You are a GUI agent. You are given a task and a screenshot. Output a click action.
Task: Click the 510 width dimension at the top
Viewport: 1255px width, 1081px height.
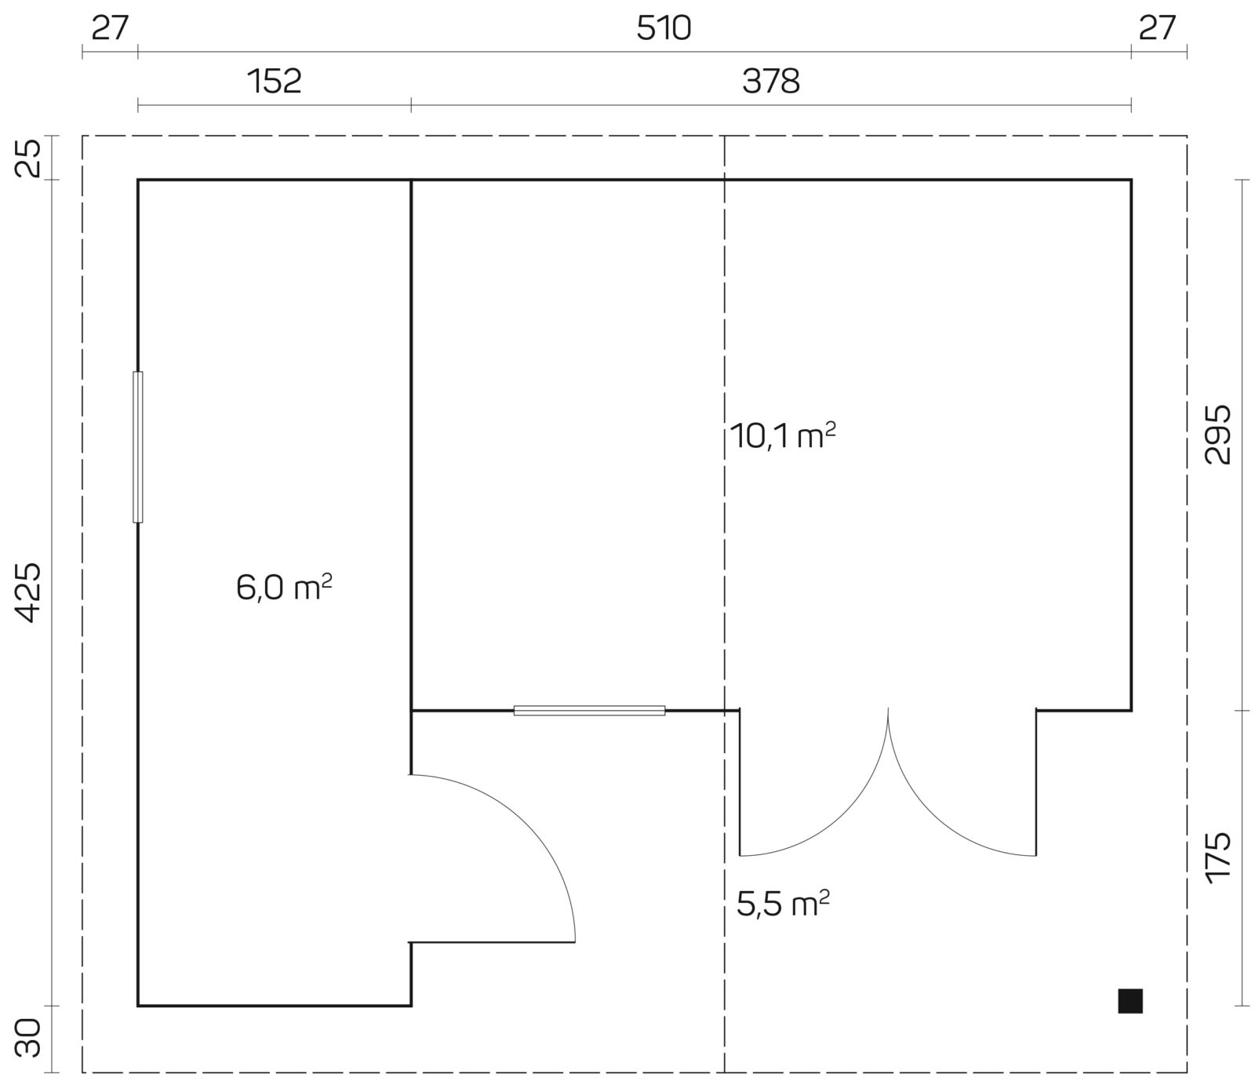click(x=664, y=29)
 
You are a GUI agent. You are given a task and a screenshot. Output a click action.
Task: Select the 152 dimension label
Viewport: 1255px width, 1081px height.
click(x=275, y=82)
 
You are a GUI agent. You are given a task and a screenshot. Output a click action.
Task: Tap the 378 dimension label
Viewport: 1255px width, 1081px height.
click(x=771, y=82)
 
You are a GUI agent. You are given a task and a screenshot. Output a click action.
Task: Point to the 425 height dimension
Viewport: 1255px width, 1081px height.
click(x=28, y=592)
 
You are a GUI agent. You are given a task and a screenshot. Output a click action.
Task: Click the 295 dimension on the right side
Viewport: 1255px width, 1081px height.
click(x=1217, y=435)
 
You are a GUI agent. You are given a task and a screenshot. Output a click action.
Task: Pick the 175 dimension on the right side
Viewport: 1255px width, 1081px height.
click(x=1217, y=858)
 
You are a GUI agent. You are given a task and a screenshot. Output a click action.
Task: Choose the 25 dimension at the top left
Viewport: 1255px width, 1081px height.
click(x=28, y=158)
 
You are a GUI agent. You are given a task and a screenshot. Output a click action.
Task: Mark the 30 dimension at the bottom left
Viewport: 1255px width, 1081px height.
click(x=28, y=1038)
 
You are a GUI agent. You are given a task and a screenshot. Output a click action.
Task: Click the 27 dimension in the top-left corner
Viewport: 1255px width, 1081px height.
click(x=110, y=29)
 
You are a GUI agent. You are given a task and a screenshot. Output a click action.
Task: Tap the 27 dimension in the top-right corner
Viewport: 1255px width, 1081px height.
click(x=1158, y=29)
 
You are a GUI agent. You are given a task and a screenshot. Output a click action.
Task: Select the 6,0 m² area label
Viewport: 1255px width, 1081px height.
click(x=284, y=588)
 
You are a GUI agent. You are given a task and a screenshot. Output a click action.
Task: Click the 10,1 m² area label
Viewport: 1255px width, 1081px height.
click(x=782, y=435)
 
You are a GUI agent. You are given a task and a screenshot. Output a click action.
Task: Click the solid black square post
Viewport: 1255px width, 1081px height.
click(x=1130, y=1001)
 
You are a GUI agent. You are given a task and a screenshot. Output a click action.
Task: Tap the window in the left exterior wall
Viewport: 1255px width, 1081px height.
click(x=138, y=447)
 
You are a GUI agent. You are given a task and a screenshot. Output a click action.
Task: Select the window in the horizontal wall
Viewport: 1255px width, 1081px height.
click(x=589, y=711)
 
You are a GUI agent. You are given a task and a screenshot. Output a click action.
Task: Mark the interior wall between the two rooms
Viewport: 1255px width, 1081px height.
click(x=411, y=477)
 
